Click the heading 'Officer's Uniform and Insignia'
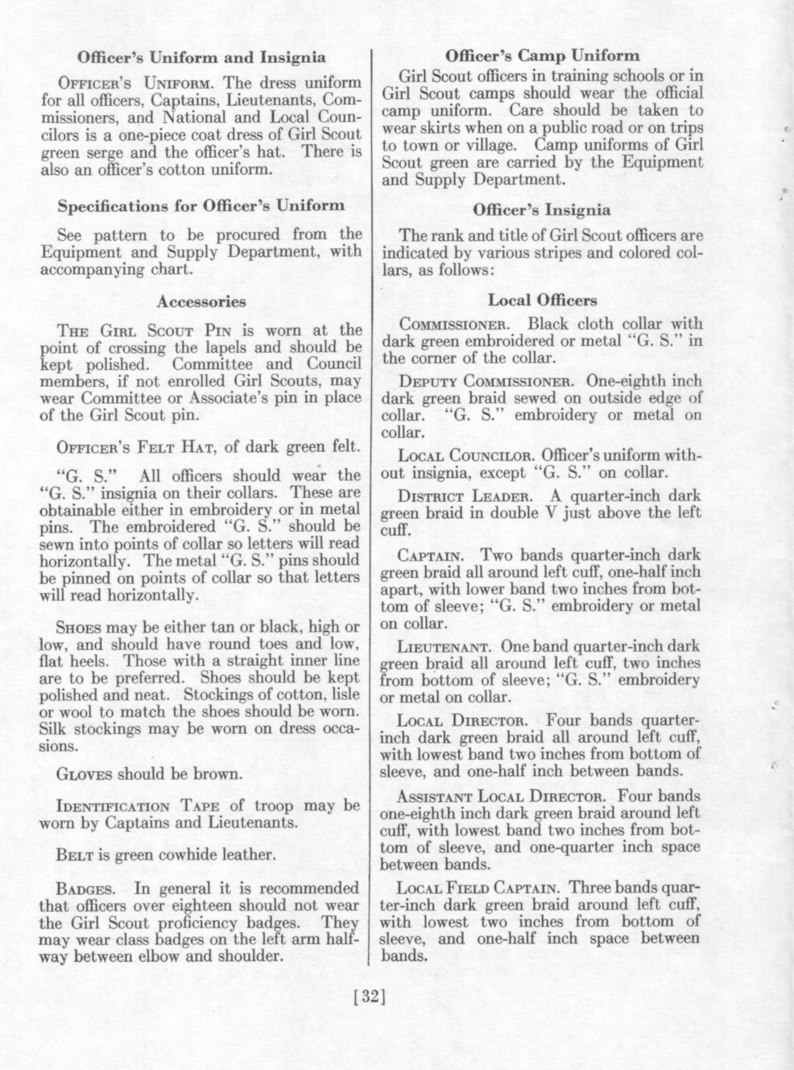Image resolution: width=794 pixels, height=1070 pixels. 201,57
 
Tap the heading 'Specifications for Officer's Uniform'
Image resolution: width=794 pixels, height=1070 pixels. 201,205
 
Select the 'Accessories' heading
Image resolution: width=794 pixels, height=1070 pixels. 201,301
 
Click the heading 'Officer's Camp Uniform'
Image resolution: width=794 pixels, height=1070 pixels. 542,56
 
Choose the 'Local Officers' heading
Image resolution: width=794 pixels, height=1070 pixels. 542,301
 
